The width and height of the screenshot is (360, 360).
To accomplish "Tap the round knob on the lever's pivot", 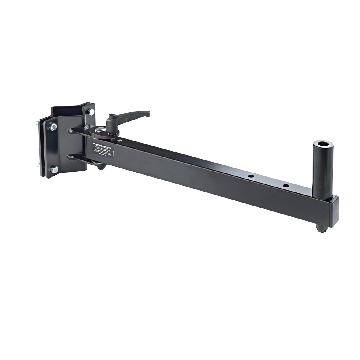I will coord(111,116).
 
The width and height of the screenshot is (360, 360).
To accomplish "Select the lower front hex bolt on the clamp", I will coord(55,170).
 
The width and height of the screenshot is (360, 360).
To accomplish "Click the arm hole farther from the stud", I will coord(251,176).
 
